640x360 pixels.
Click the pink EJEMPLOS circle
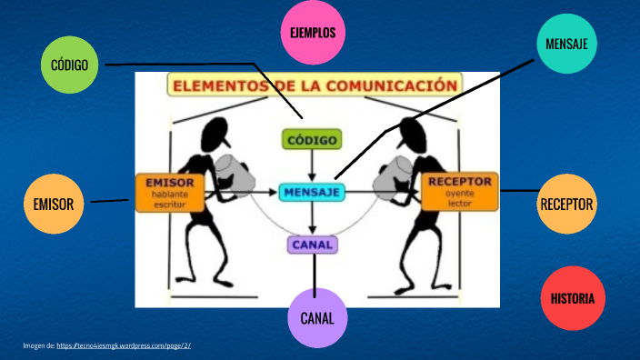312,33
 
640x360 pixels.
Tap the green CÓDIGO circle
71,65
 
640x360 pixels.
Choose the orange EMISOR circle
53,204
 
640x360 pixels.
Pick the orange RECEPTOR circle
567,204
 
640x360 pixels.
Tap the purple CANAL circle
317,317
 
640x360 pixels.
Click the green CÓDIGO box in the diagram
312,140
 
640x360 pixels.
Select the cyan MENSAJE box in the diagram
312,192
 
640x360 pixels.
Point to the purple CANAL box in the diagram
313,244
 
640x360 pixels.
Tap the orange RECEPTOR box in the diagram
460,192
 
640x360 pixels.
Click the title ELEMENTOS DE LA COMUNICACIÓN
313,85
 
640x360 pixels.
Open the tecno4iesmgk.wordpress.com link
123,345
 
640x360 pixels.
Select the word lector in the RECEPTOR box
460,204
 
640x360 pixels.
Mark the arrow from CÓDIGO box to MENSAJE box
313,165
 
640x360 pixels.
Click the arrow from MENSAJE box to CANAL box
313,217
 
